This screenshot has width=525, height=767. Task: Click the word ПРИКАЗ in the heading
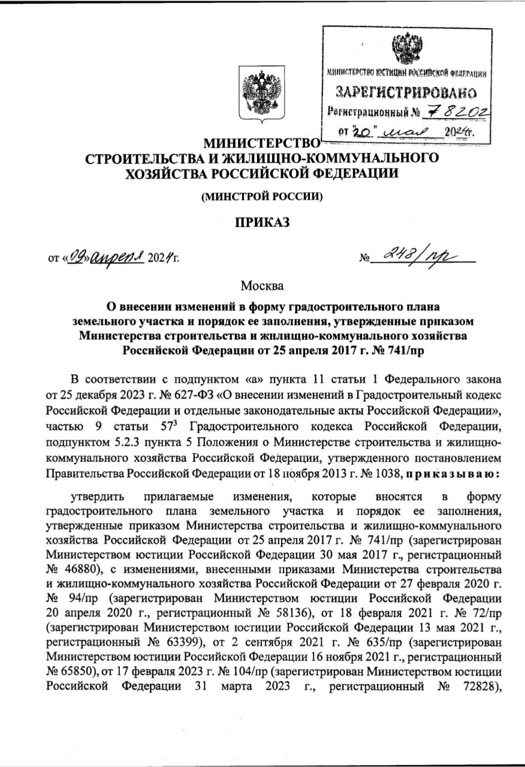pyautogui.click(x=262, y=224)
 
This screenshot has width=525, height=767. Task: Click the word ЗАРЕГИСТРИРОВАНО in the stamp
pyautogui.click(x=406, y=92)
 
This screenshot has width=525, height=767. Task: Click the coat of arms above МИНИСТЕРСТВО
pyautogui.click(x=262, y=93)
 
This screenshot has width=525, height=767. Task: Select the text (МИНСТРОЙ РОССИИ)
pyautogui.click(x=262, y=197)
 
